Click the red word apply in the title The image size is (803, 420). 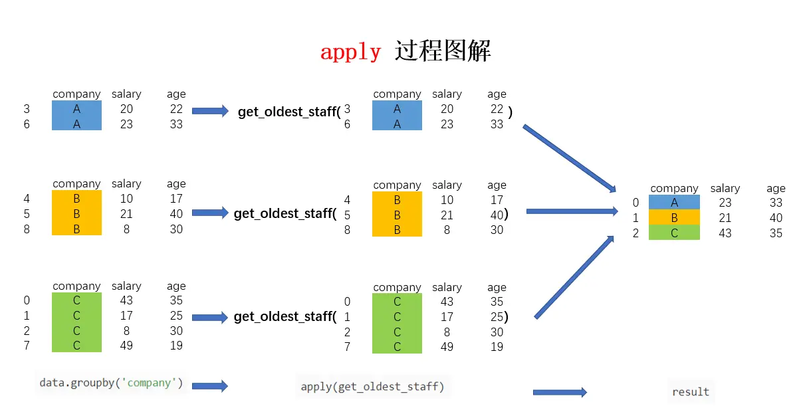tap(350, 52)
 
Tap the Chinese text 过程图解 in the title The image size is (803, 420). tap(443, 51)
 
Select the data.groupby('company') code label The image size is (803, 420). tap(111, 383)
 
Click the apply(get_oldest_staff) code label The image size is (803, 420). tap(372, 386)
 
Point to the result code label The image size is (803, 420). tap(691, 391)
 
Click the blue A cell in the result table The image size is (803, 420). tap(674, 203)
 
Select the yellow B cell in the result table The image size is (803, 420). tap(674, 218)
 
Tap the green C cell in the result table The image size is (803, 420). tap(674, 233)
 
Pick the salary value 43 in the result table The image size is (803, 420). tap(725, 233)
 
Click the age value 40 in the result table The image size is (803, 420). tap(776, 218)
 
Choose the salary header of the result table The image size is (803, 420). tap(725, 189)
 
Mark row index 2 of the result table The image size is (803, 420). tap(635, 233)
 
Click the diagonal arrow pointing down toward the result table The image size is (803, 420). tap(569, 158)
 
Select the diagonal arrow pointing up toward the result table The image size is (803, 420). tap(574, 277)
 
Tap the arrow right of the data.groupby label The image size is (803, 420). tap(209, 385)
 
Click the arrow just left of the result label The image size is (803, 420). tap(560, 392)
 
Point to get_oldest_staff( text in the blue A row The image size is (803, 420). tap(289, 112)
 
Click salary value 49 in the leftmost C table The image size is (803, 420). tap(126, 346)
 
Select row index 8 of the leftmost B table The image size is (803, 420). tap(27, 229)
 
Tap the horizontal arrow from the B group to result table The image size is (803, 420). tap(572, 211)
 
